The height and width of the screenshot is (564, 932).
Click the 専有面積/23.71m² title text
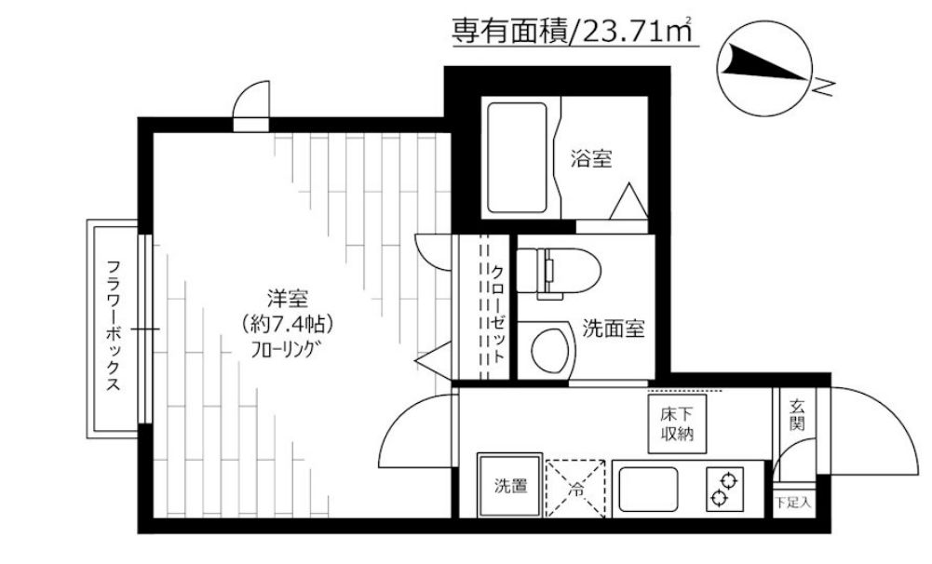click(x=574, y=32)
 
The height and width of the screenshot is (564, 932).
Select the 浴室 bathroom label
click(x=591, y=159)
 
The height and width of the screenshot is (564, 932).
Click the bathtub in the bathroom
click(x=517, y=157)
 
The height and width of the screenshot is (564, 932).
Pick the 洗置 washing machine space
click(x=509, y=484)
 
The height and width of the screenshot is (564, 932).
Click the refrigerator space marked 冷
click(x=577, y=484)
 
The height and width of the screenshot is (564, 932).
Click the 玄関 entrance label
click(x=798, y=415)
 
